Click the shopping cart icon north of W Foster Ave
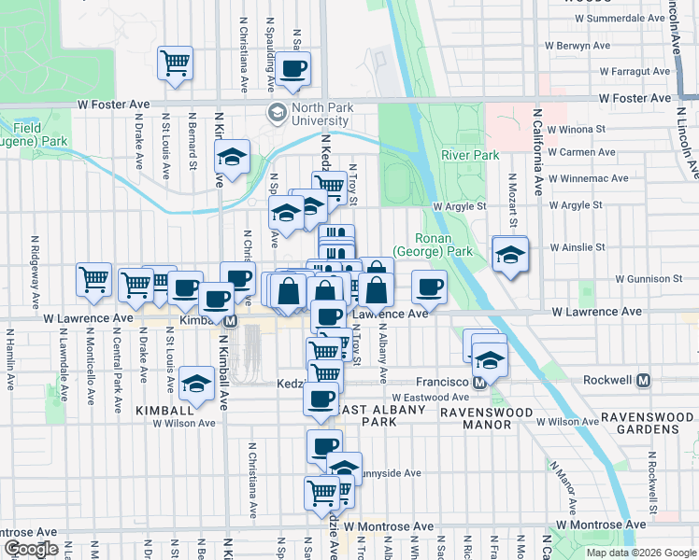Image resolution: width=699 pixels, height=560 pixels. coord(175,63)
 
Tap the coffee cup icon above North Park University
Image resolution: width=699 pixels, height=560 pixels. coord(293,69)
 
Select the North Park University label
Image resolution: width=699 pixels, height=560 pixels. coord(312,114)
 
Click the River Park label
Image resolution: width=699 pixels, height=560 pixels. coord(470,155)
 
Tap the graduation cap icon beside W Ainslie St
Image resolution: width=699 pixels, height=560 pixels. coord(510,253)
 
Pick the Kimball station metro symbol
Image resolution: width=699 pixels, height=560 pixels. coord(229,319)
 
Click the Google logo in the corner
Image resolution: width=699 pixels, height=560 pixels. coord(30,549)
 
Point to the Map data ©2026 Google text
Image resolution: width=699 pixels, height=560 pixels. coord(641,553)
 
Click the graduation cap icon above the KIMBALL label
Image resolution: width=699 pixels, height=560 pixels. coord(196,383)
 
